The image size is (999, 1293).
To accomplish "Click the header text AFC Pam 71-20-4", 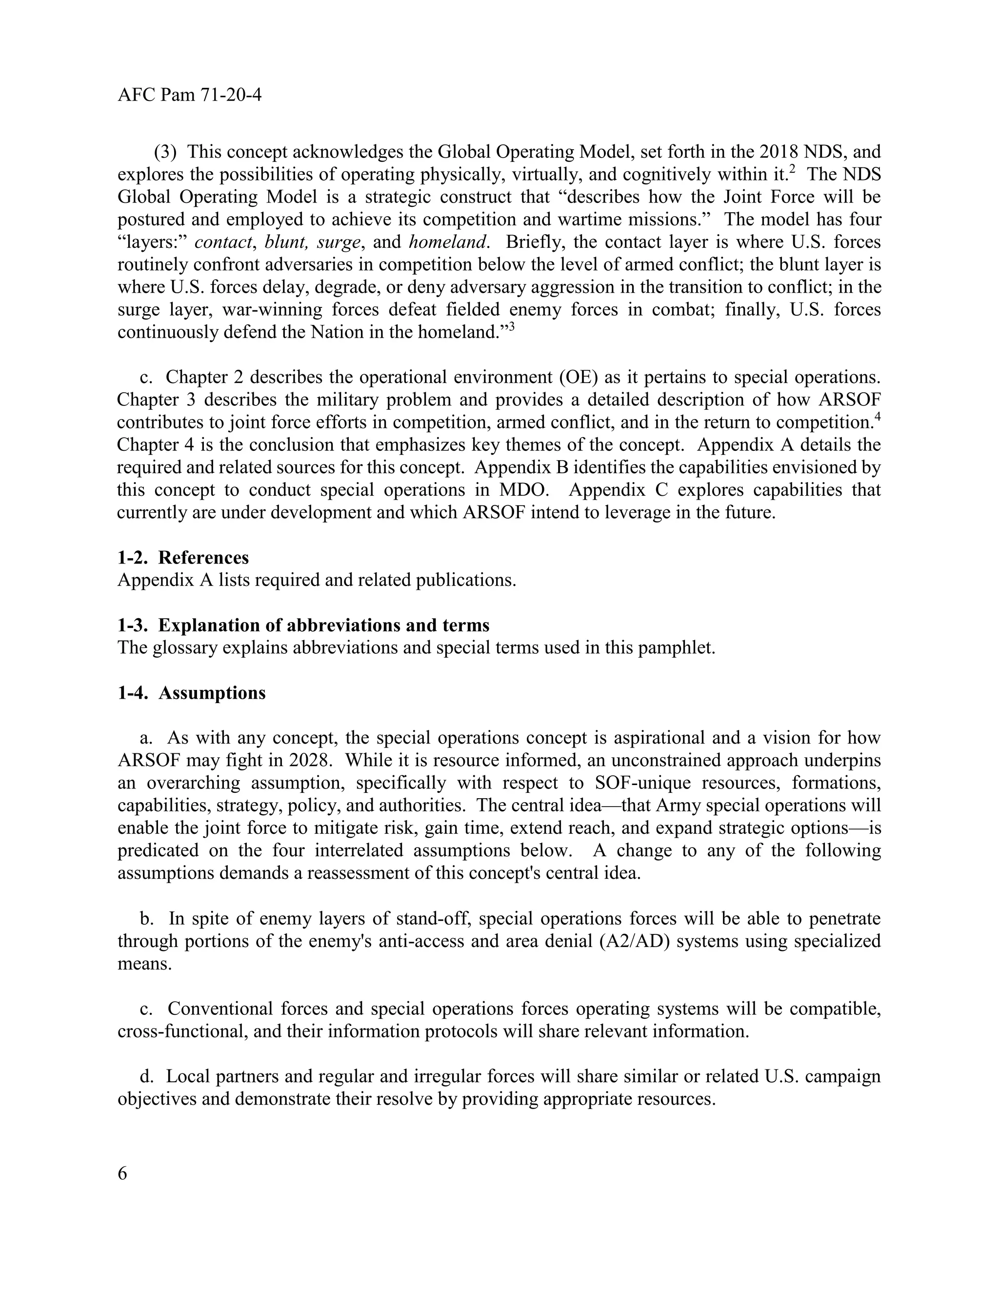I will point(189,95).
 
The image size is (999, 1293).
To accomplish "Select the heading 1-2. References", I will point(183,558).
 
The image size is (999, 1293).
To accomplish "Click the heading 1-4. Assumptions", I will point(191,693).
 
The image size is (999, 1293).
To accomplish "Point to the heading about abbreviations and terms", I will point(303,625).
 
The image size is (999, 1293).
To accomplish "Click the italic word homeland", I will point(448,242).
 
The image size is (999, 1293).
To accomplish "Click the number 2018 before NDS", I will point(779,152).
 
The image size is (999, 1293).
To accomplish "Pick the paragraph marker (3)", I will point(165,152).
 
